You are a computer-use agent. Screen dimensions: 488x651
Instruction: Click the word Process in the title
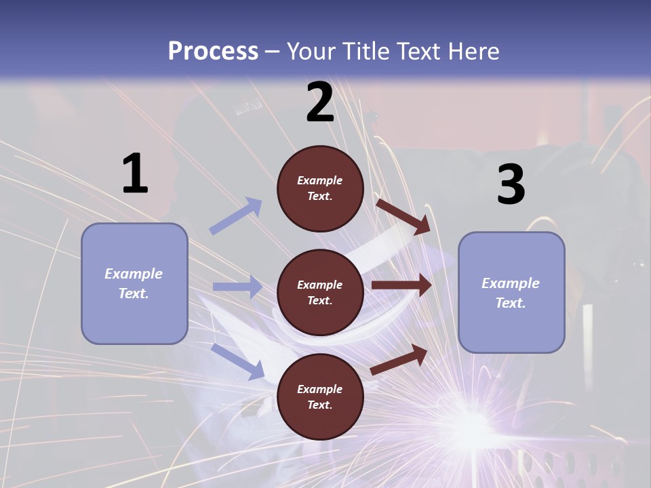coord(213,52)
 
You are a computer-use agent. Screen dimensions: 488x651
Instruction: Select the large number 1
coord(135,174)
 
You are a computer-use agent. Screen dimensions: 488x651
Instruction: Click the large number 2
coord(320,102)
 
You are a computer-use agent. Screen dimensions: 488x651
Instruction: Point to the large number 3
coord(511,184)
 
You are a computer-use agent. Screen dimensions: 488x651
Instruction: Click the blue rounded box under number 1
coord(134,283)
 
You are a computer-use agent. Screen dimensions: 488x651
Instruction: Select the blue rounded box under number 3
coord(511,292)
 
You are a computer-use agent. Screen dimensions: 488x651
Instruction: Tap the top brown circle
coord(320,188)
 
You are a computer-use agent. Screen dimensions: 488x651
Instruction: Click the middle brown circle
coord(320,292)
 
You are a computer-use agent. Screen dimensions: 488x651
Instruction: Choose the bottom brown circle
coord(320,396)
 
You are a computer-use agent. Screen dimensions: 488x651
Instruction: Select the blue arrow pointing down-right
coord(238,361)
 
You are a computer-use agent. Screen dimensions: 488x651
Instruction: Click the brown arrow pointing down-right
coord(403,216)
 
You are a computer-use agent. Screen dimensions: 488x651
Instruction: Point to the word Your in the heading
coord(309,52)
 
